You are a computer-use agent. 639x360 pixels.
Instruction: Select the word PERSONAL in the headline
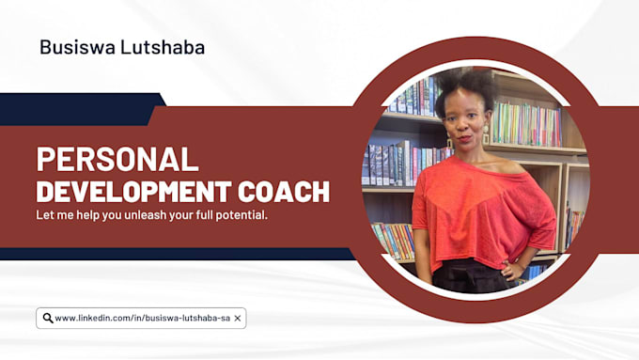tap(117, 160)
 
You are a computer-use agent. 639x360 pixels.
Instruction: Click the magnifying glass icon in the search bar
tap(47, 318)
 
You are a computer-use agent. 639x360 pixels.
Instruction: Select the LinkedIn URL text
tap(142, 318)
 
